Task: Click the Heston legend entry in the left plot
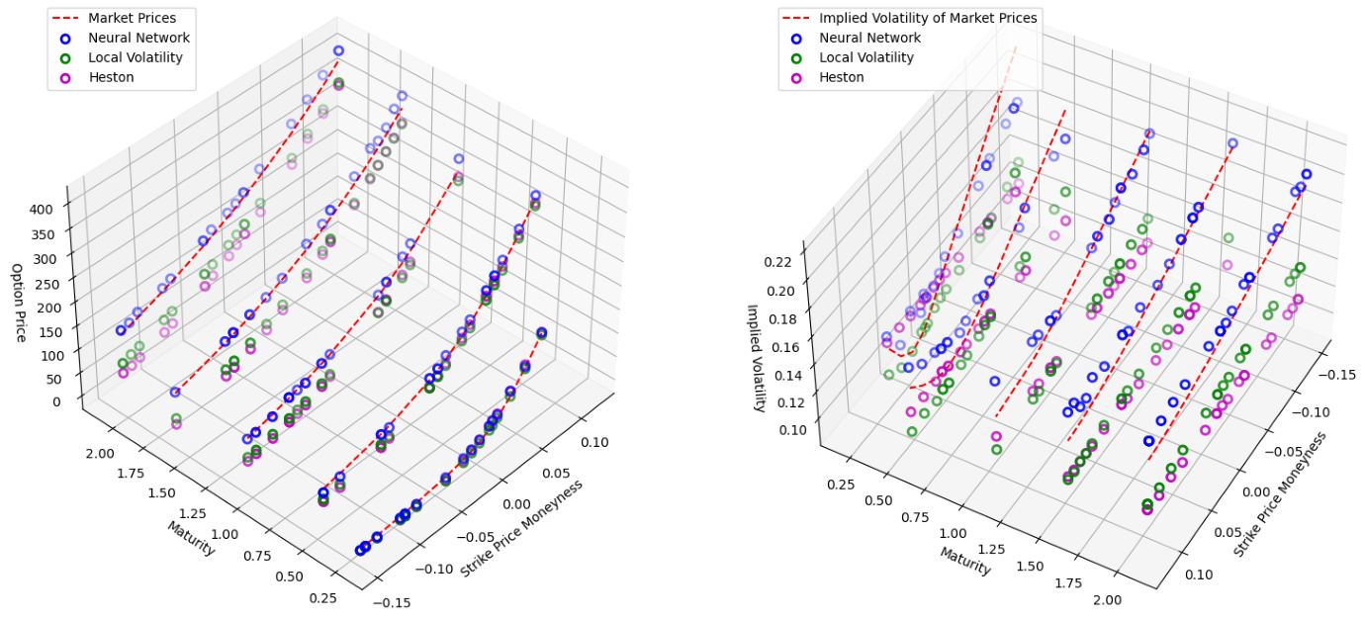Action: click(x=108, y=77)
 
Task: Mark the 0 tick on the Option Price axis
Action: click(x=55, y=400)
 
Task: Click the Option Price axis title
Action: click(x=19, y=303)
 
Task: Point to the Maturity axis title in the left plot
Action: click(x=190, y=539)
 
